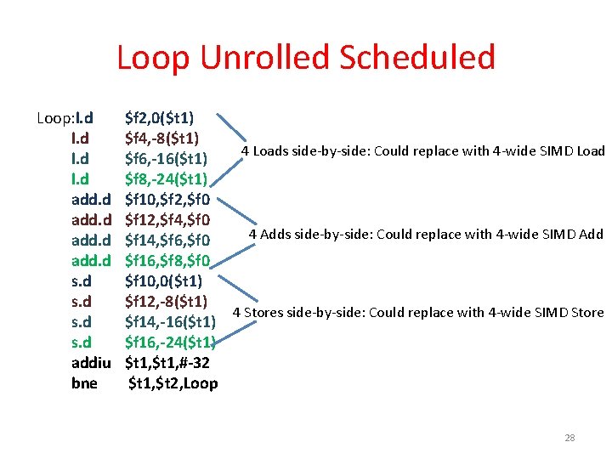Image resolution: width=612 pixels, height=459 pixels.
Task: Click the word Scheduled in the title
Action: pos(416,58)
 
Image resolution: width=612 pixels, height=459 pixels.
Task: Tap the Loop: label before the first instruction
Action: pos(55,117)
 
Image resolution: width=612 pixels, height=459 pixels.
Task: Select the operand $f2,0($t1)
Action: pos(160,117)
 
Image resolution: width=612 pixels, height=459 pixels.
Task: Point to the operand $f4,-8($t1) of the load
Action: pos(162,138)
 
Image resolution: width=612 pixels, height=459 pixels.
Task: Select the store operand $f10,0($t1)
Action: pos(162,280)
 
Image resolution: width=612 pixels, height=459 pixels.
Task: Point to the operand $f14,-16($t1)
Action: pos(169,321)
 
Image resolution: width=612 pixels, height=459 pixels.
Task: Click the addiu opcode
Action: pos(93,362)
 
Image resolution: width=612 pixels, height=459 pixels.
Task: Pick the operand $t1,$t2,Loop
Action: pos(173,382)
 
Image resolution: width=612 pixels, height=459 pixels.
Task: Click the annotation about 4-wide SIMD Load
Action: pos(422,151)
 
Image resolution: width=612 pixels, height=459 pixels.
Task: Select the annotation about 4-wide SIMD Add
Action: pos(426,234)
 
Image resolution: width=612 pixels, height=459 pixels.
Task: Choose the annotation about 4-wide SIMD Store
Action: pos(418,312)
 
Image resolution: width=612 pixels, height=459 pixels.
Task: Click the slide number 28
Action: pos(569,438)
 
